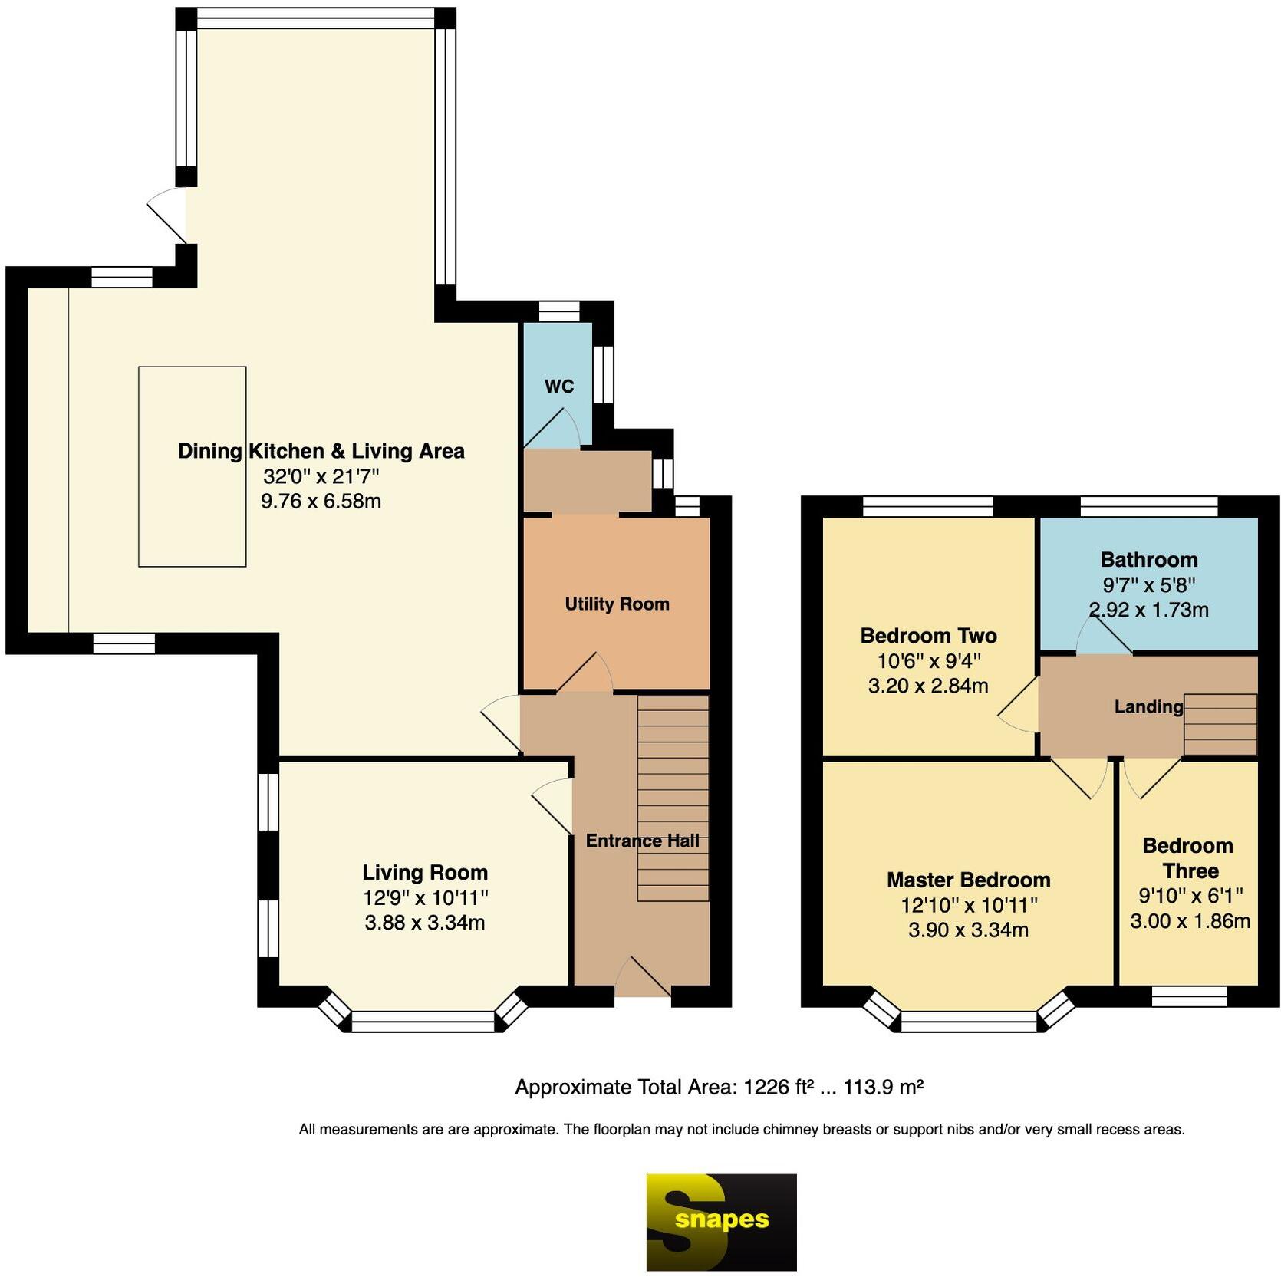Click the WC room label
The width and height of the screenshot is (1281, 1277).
click(x=559, y=386)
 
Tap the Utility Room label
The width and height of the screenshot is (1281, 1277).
click(x=617, y=604)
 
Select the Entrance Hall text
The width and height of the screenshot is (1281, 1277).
click(x=642, y=841)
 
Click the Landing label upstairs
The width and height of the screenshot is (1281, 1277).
click(x=1148, y=706)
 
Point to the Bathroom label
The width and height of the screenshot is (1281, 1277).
click(x=1148, y=560)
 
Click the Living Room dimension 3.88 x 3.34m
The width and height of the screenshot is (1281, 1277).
click(x=425, y=922)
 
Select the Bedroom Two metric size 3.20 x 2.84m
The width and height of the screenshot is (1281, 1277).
click(x=928, y=686)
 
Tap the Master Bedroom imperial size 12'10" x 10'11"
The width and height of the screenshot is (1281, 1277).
click(x=969, y=905)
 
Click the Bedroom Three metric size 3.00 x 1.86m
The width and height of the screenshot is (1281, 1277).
click(x=1190, y=920)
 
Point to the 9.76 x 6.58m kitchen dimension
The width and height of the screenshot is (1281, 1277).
click(x=321, y=501)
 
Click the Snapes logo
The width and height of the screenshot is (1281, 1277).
click(x=721, y=1222)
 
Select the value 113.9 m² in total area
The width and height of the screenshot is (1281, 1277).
click(x=884, y=1087)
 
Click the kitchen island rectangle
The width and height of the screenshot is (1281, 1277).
click(x=192, y=466)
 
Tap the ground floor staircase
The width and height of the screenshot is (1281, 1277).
click(x=673, y=798)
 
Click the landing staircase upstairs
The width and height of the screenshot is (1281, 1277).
click(x=1220, y=725)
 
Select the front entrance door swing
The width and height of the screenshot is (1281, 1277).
click(x=643, y=976)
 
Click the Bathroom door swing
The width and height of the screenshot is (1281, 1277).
click(x=1104, y=636)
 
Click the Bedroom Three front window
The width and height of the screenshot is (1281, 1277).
click(x=1189, y=996)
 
